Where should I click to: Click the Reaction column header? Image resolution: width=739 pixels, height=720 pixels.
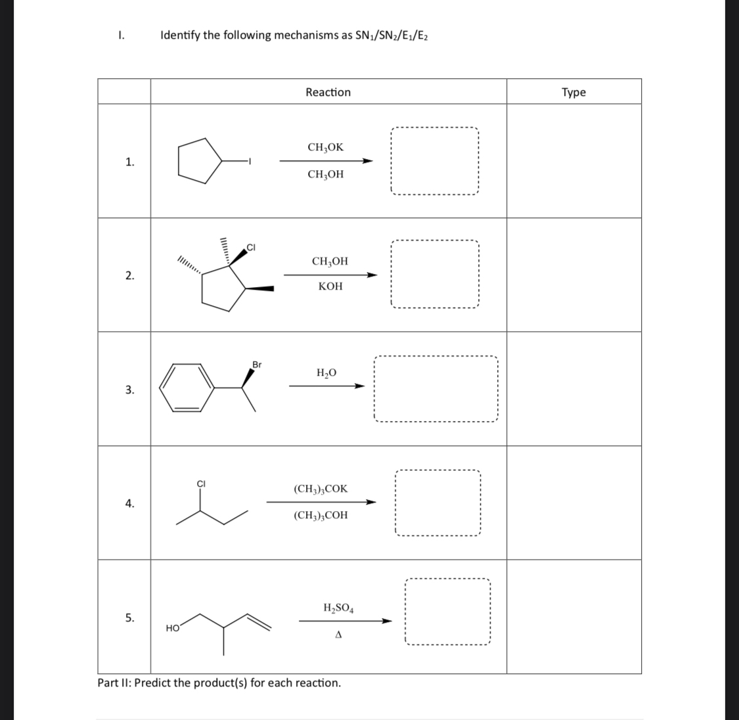[x=328, y=92]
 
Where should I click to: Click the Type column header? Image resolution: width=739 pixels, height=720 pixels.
[x=573, y=92]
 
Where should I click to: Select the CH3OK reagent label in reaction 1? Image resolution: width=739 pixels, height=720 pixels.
[x=325, y=148]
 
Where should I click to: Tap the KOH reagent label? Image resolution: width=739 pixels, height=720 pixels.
[x=330, y=287]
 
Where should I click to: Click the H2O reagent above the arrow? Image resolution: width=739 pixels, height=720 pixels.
[x=326, y=373]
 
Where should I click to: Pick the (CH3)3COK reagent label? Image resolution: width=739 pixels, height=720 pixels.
[x=321, y=489]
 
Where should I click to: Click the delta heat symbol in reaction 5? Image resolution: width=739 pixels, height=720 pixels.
[x=339, y=635]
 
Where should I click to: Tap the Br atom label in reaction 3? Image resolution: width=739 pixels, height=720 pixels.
[x=257, y=364]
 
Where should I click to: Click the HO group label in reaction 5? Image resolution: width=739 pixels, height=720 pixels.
[x=173, y=629]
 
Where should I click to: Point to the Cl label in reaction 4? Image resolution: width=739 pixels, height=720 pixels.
[x=202, y=485]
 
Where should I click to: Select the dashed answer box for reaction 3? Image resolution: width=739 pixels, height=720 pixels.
[x=435, y=389]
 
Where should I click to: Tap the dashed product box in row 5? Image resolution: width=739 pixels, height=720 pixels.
[x=447, y=612]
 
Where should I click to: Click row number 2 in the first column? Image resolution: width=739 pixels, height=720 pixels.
[x=130, y=275]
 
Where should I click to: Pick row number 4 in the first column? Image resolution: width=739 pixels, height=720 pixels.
[x=130, y=504]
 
